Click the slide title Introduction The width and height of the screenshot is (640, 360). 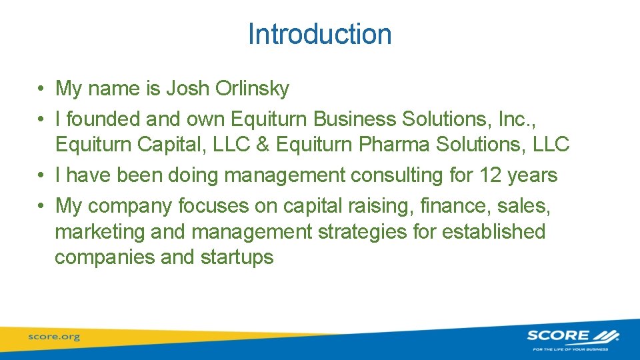coord(319,34)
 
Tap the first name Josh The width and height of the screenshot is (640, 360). coord(188,88)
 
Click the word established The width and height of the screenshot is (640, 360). coord(494,232)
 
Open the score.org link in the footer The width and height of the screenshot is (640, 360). coord(53,337)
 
